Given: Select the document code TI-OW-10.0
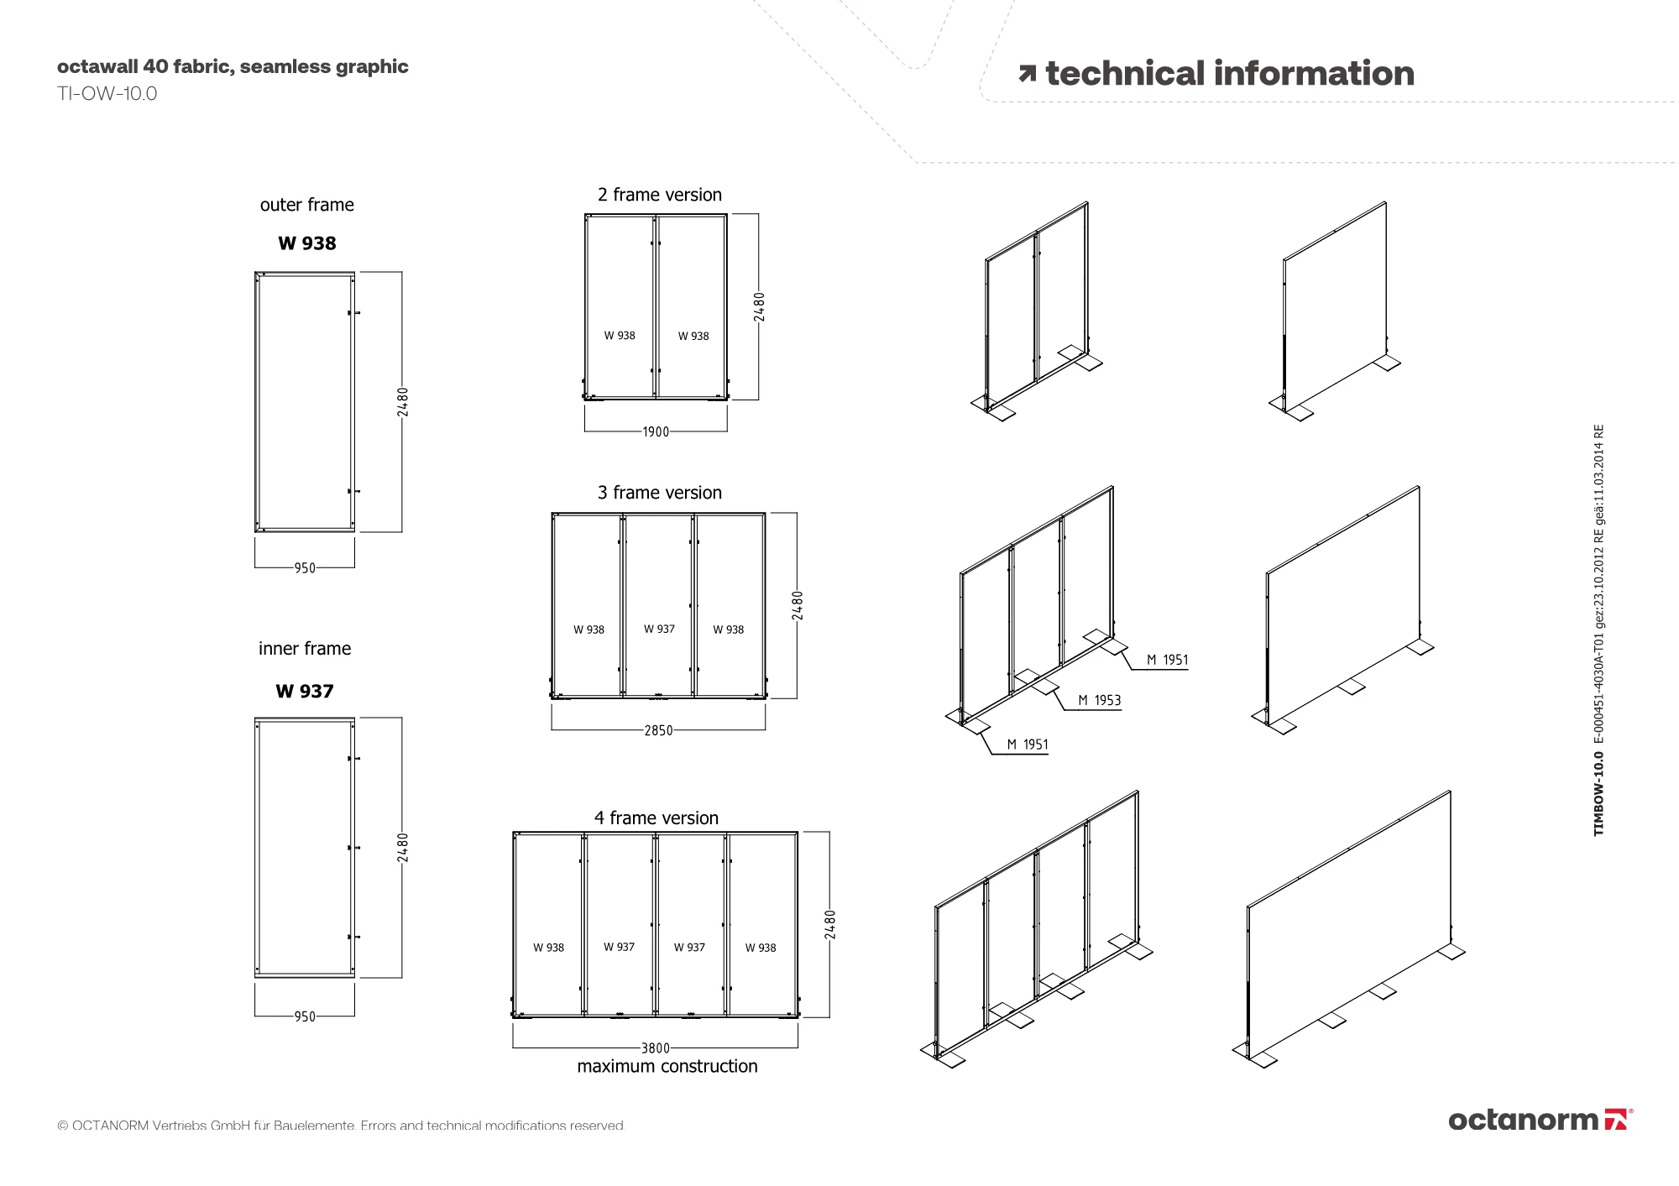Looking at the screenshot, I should tap(107, 93).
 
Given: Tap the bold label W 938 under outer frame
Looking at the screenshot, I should tap(307, 243).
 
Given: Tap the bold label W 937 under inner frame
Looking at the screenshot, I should tap(305, 692).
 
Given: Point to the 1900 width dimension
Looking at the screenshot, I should tap(656, 432).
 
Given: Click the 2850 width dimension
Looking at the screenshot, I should tap(658, 730).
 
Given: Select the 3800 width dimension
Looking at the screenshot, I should tap(656, 1048).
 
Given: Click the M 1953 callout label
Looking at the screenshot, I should tap(1099, 700).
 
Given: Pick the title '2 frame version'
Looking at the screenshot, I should tap(660, 195).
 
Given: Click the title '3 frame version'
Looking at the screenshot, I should tap(660, 493).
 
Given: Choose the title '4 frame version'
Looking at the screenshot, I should tap(656, 818).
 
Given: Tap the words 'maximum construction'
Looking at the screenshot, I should tap(667, 1067).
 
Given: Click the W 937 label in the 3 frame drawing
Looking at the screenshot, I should tap(659, 629).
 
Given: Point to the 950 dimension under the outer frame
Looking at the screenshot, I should tap(304, 568).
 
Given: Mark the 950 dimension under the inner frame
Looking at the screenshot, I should tap(304, 1016).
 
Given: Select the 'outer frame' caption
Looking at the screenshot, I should tap(307, 205).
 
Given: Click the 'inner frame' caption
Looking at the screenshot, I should tap(305, 649).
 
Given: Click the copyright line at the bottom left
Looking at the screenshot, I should tap(341, 1126).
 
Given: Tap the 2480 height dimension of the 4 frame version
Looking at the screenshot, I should tap(830, 924).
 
